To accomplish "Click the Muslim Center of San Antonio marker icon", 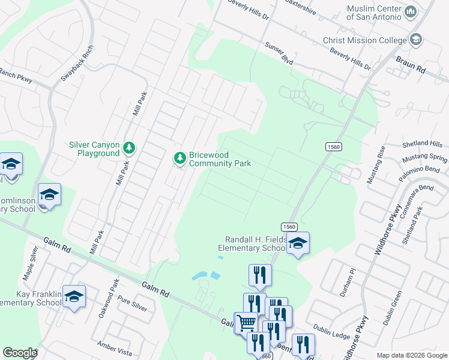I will click(411, 12).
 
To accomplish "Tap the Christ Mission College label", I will click(366, 40).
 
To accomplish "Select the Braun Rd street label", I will click(411, 65).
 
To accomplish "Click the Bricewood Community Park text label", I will click(220, 159).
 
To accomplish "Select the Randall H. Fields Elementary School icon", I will click(297, 243).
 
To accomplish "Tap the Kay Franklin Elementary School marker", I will click(74, 296).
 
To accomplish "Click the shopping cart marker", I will click(246, 323).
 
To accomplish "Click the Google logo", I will click(20, 353).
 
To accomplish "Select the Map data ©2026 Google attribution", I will click(411, 355).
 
